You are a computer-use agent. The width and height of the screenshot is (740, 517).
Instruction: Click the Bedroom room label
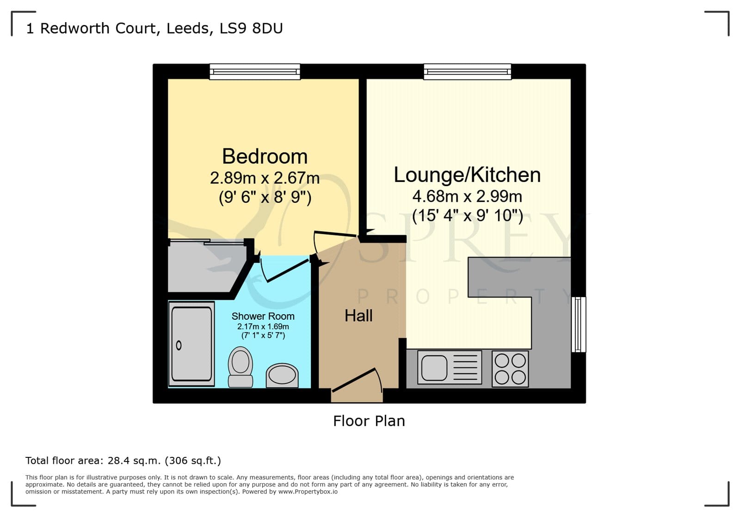point(265,156)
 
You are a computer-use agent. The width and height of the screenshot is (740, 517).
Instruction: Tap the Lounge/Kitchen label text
point(467,175)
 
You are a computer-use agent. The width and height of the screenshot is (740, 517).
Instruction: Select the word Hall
point(358,316)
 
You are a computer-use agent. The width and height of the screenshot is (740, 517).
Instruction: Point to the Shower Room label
point(263,316)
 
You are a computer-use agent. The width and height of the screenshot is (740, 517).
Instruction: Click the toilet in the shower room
point(240,366)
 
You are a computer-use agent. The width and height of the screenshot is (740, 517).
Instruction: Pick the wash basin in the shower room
point(282,376)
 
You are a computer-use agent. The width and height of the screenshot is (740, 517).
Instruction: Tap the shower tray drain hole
point(179,346)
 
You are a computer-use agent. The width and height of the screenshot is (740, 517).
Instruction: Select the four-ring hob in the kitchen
point(510,369)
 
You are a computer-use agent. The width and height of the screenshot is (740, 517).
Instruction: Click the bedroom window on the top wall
point(255,72)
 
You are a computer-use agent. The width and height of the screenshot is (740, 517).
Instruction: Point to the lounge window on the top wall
point(468,72)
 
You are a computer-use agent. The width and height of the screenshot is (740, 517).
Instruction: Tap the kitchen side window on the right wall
point(579,324)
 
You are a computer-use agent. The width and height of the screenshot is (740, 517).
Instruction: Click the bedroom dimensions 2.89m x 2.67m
point(265,178)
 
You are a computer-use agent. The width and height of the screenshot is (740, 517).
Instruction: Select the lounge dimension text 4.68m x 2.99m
point(467,197)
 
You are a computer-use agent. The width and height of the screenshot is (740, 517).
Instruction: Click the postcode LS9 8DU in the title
point(251,28)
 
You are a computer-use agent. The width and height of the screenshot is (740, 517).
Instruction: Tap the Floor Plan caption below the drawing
point(369,421)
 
